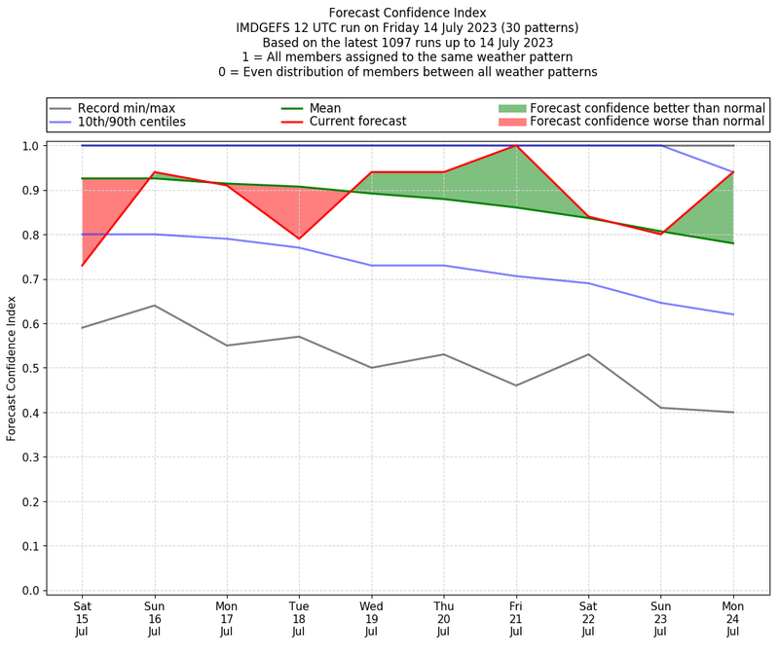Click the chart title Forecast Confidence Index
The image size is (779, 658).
pos(407,13)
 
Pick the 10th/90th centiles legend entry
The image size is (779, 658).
pos(131,122)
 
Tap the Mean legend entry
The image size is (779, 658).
pos(325,107)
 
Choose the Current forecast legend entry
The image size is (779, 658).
pos(357,122)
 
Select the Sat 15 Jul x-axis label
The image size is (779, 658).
pos(82,618)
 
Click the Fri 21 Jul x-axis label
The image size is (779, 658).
pos(516,618)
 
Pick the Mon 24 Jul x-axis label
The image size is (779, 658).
pos(733,618)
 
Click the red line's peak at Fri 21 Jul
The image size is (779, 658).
pos(516,146)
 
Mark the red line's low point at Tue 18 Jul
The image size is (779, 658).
pos(299,238)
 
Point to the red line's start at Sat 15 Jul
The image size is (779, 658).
pos(82,266)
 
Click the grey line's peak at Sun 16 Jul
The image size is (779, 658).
pos(154,306)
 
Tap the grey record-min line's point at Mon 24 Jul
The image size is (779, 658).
pos(733,412)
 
